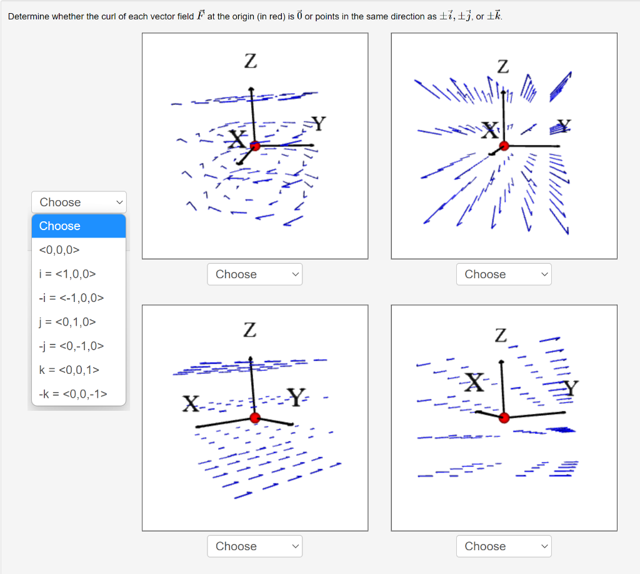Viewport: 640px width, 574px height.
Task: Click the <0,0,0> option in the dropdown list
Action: click(x=59, y=250)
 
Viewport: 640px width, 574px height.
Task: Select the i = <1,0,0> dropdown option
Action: click(x=67, y=274)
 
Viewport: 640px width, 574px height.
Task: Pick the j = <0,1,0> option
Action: click(x=67, y=322)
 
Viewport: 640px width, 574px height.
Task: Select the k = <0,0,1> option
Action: click(x=69, y=370)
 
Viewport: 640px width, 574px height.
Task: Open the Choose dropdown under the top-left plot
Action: click(x=254, y=274)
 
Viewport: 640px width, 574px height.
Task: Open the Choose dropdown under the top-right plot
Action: click(x=504, y=274)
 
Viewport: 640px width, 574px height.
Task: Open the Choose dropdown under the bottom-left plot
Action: click(x=254, y=546)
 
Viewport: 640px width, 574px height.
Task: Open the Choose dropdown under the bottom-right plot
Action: click(x=504, y=546)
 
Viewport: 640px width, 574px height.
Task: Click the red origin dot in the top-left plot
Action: click(x=254, y=146)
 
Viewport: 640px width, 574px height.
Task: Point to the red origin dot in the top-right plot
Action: click(x=504, y=146)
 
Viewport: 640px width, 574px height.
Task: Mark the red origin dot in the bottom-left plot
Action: click(x=254, y=418)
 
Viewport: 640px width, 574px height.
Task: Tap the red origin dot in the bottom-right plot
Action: click(x=505, y=418)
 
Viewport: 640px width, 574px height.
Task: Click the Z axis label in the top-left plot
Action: click(x=250, y=61)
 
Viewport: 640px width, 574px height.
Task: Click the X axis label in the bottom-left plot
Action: click(x=190, y=404)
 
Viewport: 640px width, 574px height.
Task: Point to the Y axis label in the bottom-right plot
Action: click(x=571, y=388)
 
